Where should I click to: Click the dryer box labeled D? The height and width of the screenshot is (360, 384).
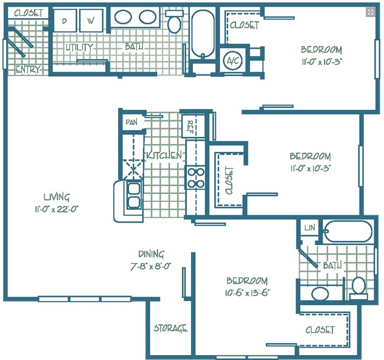pyautogui.click(x=64, y=20)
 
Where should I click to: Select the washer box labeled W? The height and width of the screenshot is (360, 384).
pyautogui.click(x=91, y=20)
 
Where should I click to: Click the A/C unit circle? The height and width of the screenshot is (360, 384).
pyautogui.click(x=232, y=60)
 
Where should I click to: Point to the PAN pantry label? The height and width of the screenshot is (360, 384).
pyautogui.click(x=131, y=122)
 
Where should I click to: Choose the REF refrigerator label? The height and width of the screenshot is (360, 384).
pyautogui.click(x=190, y=126)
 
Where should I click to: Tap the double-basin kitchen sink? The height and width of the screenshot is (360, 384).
pyautogui.click(x=133, y=196)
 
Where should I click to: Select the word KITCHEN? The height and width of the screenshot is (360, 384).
pyautogui.click(x=163, y=156)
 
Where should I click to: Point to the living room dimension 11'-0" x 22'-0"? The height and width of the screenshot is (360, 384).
pyautogui.click(x=57, y=209)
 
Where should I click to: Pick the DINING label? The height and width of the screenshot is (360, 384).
pyautogui.click(x=150, y=254)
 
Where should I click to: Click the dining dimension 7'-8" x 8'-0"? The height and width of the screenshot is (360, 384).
pyautogui.click(x=150, y=266)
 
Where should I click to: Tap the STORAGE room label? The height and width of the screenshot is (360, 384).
pyautogui.click(x=170, y=328)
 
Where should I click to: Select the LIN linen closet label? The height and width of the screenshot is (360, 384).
pyautogui.click(x=310, y=227)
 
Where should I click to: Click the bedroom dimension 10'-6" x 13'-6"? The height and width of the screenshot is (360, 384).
pyautogui.click(x=247, y=292)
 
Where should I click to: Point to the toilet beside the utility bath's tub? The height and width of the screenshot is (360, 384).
pyautogui.click(x=175, y=24)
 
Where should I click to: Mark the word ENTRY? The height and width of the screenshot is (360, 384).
pyautogui.click(x=27, y=69)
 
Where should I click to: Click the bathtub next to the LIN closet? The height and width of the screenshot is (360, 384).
pyautogui.click(x=347, y=232)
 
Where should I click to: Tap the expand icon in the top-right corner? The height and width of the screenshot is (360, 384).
pyautogui.click(x=370, y=12)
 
